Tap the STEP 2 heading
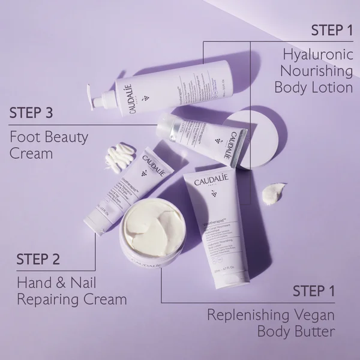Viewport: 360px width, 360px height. click(x=38, y=259)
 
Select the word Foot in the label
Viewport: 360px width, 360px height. click(x=23, y=137)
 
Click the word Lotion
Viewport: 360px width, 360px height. click(x=332, y=87)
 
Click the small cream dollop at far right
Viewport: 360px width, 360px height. click(x=272, y=193)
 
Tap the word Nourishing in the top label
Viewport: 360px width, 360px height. click(x=317, y=71)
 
